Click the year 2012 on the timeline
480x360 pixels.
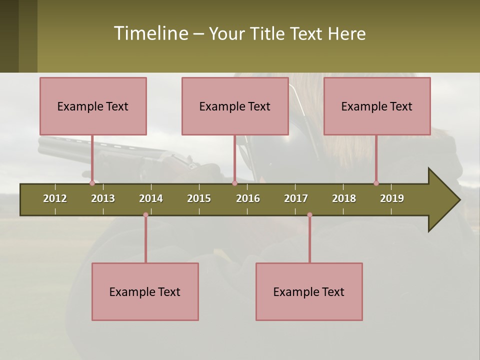(x=55, y=198)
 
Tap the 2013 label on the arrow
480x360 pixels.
(x=103, y=198)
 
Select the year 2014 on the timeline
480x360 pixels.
(x=151, y=198)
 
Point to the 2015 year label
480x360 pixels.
(x=199, y=198)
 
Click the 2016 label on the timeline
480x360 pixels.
(x=248, y=198)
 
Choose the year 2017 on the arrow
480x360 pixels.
(x=296, y=198)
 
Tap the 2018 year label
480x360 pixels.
(x=344, y=198)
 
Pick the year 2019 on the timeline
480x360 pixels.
(x=392, y=198)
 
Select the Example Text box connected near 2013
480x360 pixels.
(x=93, y=106)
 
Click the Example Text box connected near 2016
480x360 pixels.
(x=235, y=106)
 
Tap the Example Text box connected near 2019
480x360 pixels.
(x=377, y=106)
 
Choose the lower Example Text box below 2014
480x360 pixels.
(x=145, y=291)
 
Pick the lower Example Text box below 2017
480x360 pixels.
(x=309, y=291)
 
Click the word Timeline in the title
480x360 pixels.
(x=150, y=33)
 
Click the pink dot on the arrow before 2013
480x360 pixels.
(x=92, y=183)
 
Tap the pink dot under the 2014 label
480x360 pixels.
(x=145, y=215)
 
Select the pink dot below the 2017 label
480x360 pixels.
(x=309, y=215)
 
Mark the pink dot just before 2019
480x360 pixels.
(x=376, y=183)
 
